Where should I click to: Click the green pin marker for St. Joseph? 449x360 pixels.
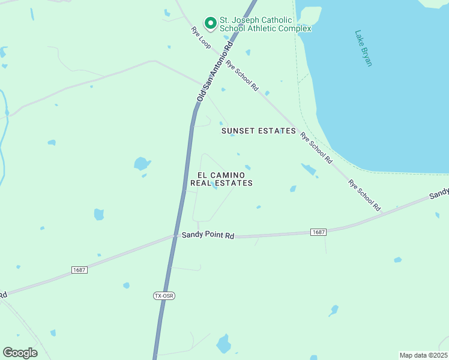tap(211, 23)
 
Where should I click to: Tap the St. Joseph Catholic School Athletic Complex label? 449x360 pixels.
tap(265, 24)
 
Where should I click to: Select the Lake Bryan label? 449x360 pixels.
tap(363, 48)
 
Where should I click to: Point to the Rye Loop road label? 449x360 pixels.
tap(201, 37)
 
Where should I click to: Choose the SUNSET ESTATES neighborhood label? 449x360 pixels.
tap(258, 131)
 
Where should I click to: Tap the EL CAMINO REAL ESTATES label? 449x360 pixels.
tap(221, 179)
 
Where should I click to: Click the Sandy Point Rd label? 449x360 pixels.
tap(208, 236)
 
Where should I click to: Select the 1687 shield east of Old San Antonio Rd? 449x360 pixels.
tap(318, 232)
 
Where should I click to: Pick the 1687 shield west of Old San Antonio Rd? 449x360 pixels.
tap(79, 270)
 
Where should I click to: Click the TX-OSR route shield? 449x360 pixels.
tap(163, 296)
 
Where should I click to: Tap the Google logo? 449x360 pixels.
tap(20, 353)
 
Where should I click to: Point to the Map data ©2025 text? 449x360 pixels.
tap(423, 355)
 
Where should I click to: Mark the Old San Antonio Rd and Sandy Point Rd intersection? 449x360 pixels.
tap(175, 236)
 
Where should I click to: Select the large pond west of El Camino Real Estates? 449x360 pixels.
tap(142, 163)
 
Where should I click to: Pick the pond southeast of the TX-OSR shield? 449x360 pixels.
tap(223, 344)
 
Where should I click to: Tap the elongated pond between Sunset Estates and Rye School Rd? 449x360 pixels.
tap(309, 170)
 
